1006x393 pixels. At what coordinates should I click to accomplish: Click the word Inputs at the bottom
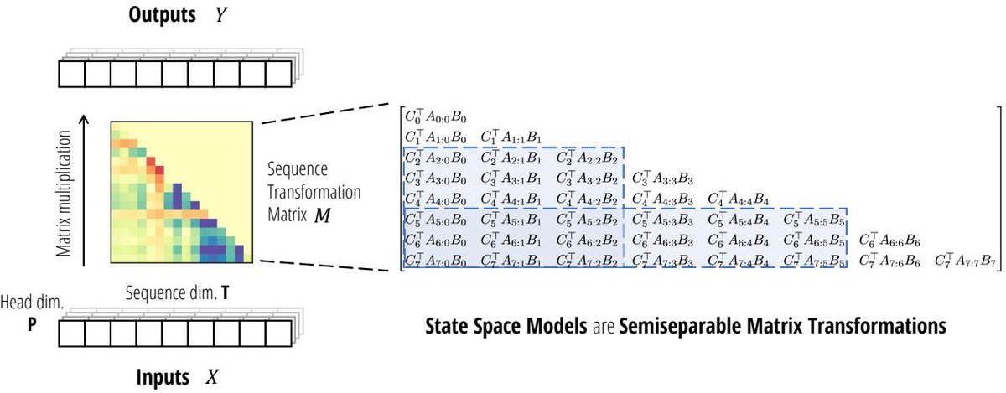163,378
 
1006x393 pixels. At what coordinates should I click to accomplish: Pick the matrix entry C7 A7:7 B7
963,260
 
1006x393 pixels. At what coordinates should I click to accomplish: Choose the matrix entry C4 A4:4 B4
738,199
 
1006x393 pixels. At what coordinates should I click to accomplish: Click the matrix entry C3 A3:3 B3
662,178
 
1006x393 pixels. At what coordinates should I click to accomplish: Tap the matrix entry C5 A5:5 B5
813,219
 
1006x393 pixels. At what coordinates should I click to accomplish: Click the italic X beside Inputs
211,378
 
